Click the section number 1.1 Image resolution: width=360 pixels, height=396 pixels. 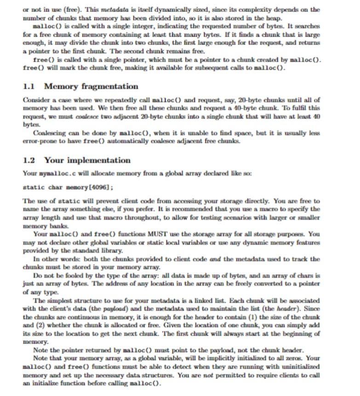click(x=29, y=86)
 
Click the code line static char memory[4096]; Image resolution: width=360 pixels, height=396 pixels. click(x=68, y=187)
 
